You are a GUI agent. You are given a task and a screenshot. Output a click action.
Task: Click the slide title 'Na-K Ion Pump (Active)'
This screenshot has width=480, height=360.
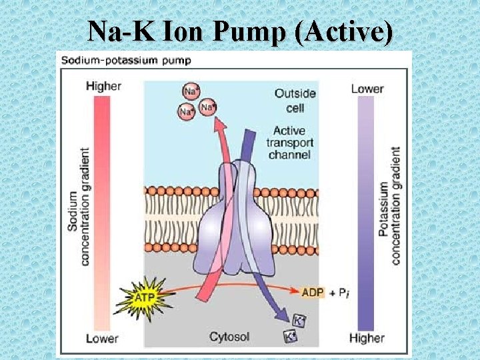click(240, 31)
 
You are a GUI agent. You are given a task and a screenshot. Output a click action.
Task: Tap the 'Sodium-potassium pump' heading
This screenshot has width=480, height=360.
click(126, 60)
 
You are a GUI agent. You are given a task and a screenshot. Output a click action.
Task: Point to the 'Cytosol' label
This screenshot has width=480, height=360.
click(229, 337)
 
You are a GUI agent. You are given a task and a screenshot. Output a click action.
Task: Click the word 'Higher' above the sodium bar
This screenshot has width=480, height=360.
click(103, 86)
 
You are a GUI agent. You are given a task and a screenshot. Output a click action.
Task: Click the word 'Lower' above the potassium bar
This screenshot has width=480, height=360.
click(367, 88)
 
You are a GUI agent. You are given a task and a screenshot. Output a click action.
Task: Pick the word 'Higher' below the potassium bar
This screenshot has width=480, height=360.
click(367, 338)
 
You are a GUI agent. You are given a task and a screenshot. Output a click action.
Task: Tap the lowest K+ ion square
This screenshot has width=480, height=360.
click(290, 337)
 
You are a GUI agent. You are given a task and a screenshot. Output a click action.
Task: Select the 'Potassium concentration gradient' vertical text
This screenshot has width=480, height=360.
click(389, 207)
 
